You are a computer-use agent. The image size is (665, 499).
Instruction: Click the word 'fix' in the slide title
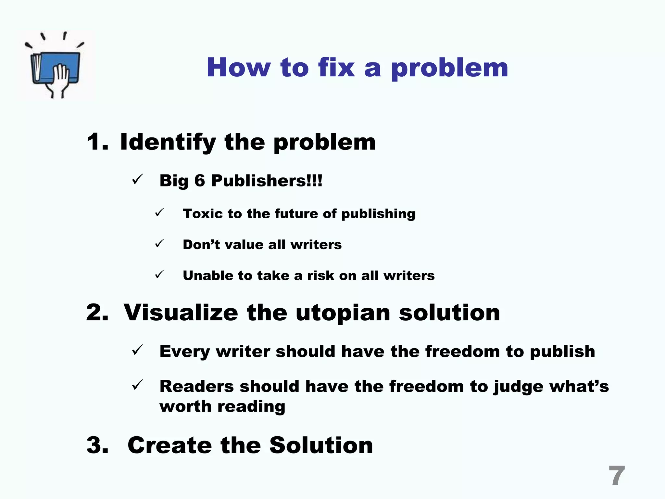tap(336, 67)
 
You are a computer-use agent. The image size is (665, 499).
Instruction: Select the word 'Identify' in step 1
tap(168, 142)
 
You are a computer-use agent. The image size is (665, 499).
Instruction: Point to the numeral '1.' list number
tap(97, 142)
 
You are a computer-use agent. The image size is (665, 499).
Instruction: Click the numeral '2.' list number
tap(97, 313)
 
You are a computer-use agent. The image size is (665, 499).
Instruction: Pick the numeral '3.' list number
tap(97, 445)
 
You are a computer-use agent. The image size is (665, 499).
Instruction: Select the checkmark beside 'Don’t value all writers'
tap(159, 243)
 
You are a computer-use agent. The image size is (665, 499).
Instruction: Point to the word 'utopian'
tap(343, 313)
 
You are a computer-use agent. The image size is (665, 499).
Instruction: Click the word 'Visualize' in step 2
tap(181, 313)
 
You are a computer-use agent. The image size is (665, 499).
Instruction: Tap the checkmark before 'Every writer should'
tap(137, 350)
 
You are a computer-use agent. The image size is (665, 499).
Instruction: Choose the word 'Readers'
tap(197, 386)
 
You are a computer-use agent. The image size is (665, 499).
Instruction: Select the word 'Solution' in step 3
tap(321, 445)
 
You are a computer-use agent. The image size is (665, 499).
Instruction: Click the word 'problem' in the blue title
tap(450, 68)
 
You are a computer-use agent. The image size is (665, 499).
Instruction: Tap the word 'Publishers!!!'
tap(267, 180)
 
